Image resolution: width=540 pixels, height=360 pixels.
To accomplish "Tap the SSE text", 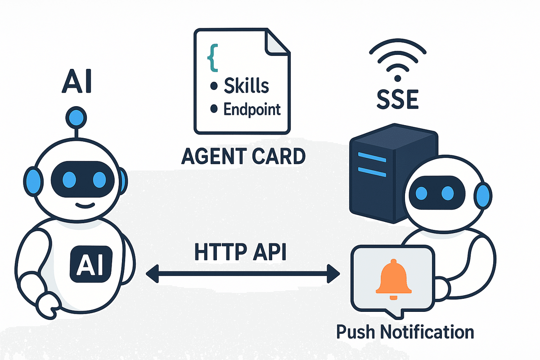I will (x=397, y=100).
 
